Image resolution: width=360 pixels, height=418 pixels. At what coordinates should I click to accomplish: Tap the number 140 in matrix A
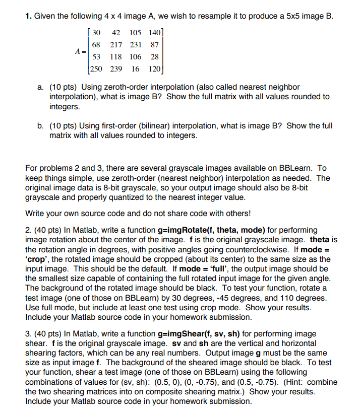(154, 33)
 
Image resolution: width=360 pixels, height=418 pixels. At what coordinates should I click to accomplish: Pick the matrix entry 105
(135, 33)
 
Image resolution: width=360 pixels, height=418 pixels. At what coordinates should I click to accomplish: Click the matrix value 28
(154, 56)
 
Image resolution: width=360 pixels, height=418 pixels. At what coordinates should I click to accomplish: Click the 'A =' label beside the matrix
(80, 51)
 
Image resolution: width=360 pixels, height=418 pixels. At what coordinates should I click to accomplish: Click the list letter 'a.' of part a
(41, 87)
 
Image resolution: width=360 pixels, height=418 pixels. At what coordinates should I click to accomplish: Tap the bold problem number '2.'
(28, 230)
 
